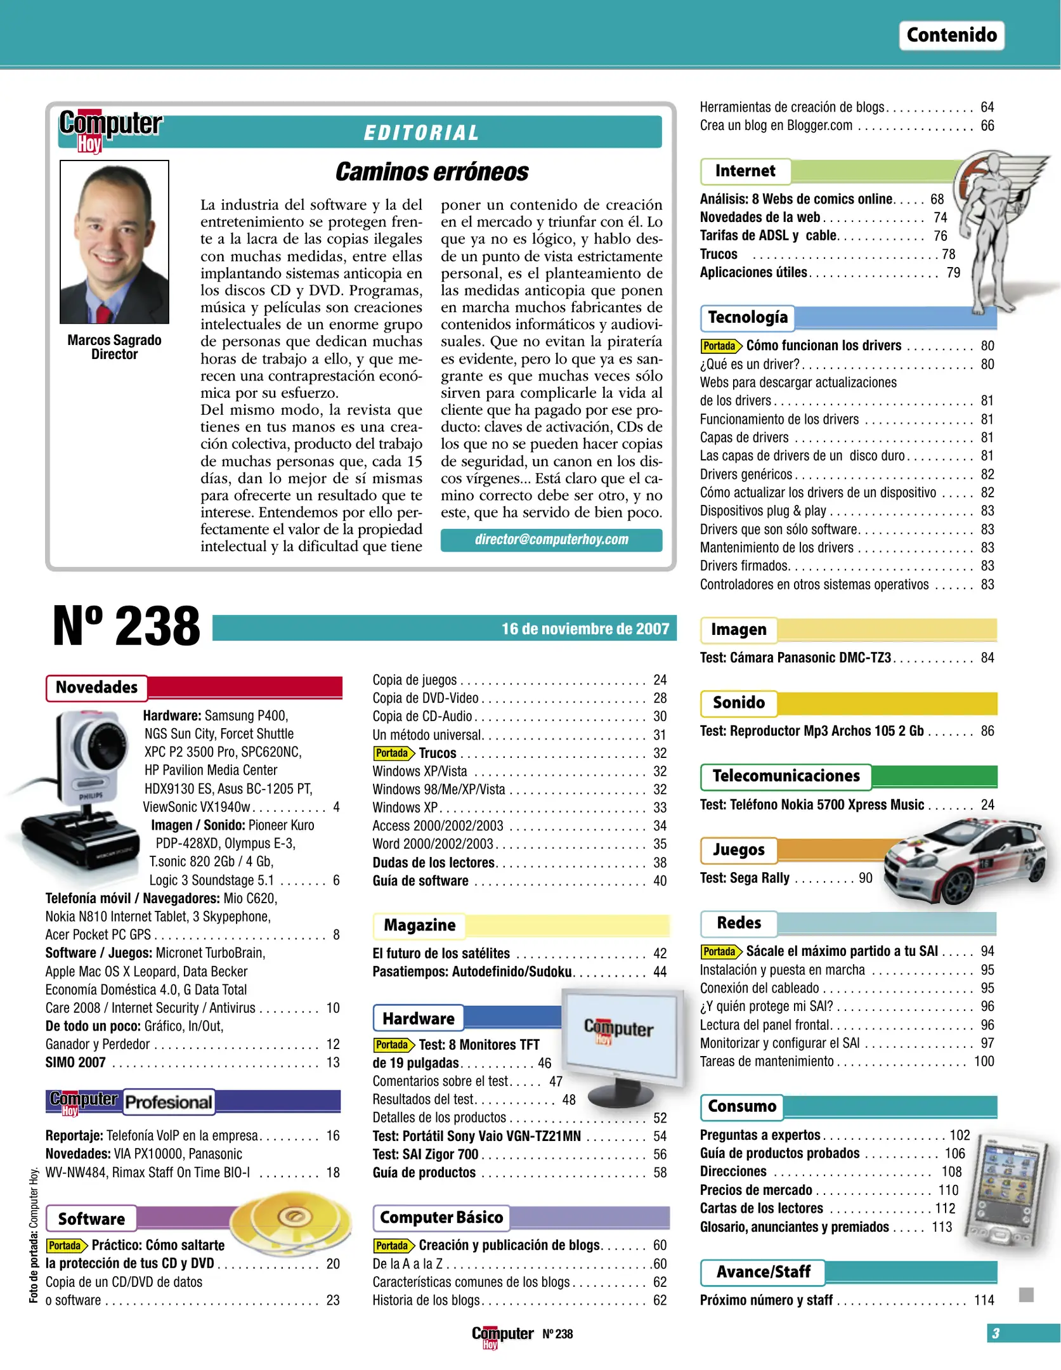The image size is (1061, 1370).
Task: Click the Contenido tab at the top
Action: click(x=951, y=35)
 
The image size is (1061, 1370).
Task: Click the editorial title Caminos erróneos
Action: click(x=431, y=171)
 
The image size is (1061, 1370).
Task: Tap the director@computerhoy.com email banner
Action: click(x=551, y=540)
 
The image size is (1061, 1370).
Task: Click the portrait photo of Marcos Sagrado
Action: click(x=114, y=242)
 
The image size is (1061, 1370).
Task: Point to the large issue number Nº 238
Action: click(x=126, y=627)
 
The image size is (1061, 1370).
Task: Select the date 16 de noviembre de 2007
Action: click(x=585, y=629)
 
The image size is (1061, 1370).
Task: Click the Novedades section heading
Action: click(x=96, y=688)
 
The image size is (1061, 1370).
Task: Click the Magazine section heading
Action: click(x=419, y=925)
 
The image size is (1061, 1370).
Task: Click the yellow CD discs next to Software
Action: click(x=292, y=1221)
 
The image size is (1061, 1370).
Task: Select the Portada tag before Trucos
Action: click(x=393, y=753)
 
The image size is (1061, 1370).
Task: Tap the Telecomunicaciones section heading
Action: click(x=785, y=776)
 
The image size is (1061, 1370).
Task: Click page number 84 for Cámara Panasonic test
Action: click(x=987, y=658)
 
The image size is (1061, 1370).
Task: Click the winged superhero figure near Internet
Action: click(x=996, y=228)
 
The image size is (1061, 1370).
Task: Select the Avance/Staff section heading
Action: click(x=763, y=1272)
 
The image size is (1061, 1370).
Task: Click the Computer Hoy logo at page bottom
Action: click(x=502, y=1335)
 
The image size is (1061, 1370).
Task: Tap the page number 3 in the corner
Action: click(x=995, y=1333)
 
